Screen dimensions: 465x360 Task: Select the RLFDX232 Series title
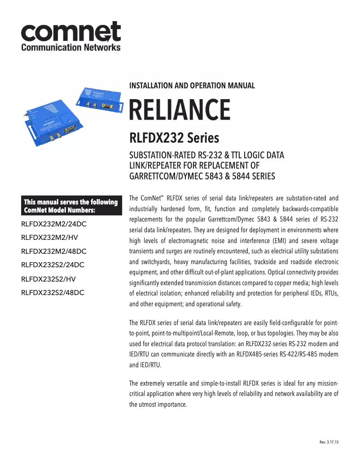(174, 136)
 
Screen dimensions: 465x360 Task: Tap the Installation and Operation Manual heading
(192, 85)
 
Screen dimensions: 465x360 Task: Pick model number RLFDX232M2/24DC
(53, 223)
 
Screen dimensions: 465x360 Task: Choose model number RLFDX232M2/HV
(49, 237)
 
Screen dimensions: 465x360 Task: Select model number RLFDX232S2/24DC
(53, 265)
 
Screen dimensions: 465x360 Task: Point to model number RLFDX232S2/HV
(48, 279)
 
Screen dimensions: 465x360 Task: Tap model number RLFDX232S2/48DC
(53, 293)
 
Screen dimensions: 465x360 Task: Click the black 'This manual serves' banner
(71, 206)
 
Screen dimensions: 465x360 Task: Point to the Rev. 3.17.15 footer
(329, 442)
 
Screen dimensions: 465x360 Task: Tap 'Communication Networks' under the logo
(71, 47)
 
